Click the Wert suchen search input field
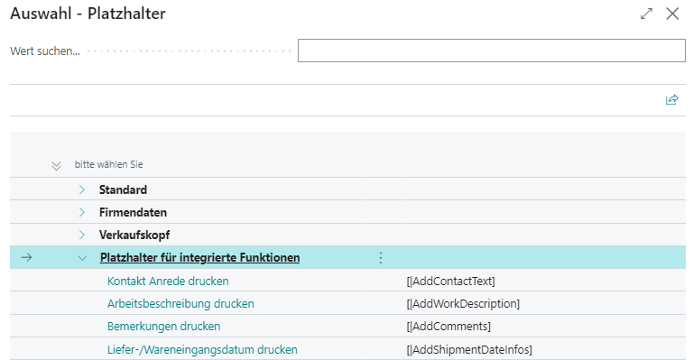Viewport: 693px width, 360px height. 491,51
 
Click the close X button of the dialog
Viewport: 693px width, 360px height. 671,14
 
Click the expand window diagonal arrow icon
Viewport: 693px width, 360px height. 646,14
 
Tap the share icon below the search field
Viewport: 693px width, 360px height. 671,100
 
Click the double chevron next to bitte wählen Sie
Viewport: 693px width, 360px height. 57,165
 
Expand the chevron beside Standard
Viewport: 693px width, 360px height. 82,189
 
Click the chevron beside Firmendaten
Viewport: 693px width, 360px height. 82,212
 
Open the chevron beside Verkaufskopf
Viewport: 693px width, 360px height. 82,235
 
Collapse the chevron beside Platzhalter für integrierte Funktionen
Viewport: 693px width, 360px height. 83,258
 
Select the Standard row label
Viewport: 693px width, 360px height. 123,189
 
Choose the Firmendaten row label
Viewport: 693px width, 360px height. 133,212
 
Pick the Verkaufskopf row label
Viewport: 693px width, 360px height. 134,235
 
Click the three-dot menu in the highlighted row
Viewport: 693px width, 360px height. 380,258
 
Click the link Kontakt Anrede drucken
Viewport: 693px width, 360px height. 168,281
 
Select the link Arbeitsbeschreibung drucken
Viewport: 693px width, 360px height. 180,303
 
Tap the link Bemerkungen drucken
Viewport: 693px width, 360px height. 163,326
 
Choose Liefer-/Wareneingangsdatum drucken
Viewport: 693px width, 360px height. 202,349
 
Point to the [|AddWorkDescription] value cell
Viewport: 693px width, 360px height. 463,303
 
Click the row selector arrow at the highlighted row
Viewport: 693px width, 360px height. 26,258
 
